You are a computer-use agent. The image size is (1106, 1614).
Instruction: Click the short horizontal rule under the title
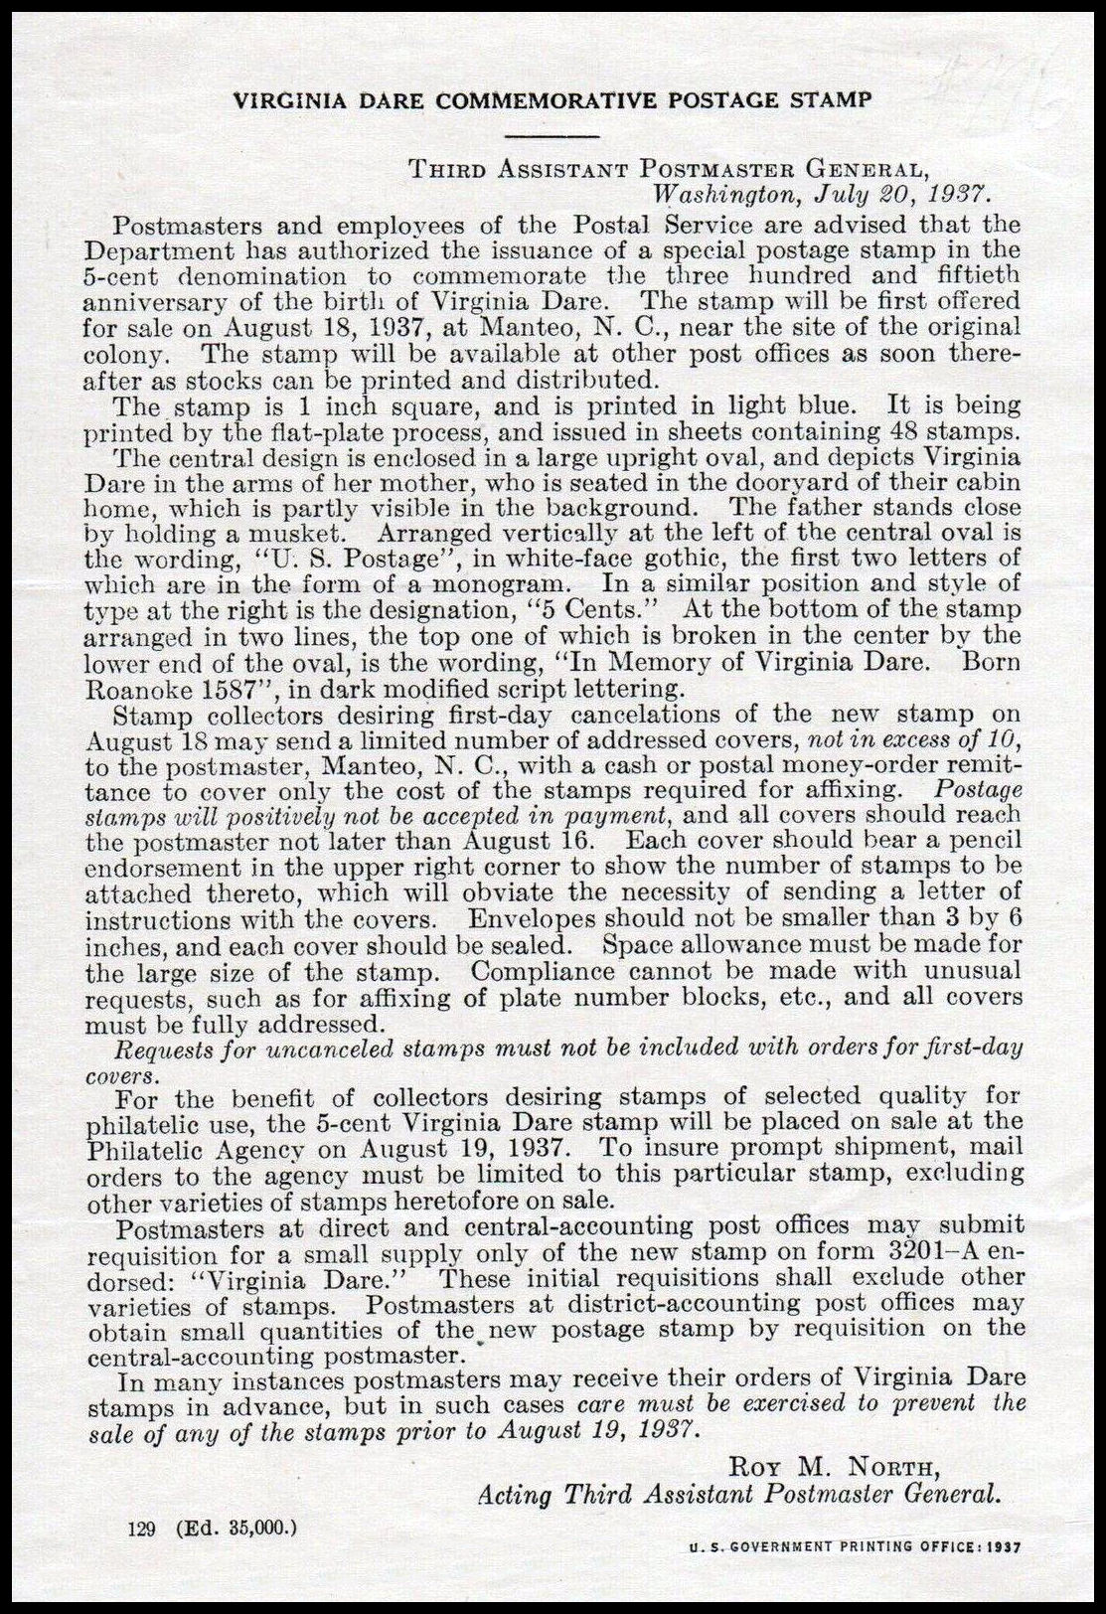click(552, 134)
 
